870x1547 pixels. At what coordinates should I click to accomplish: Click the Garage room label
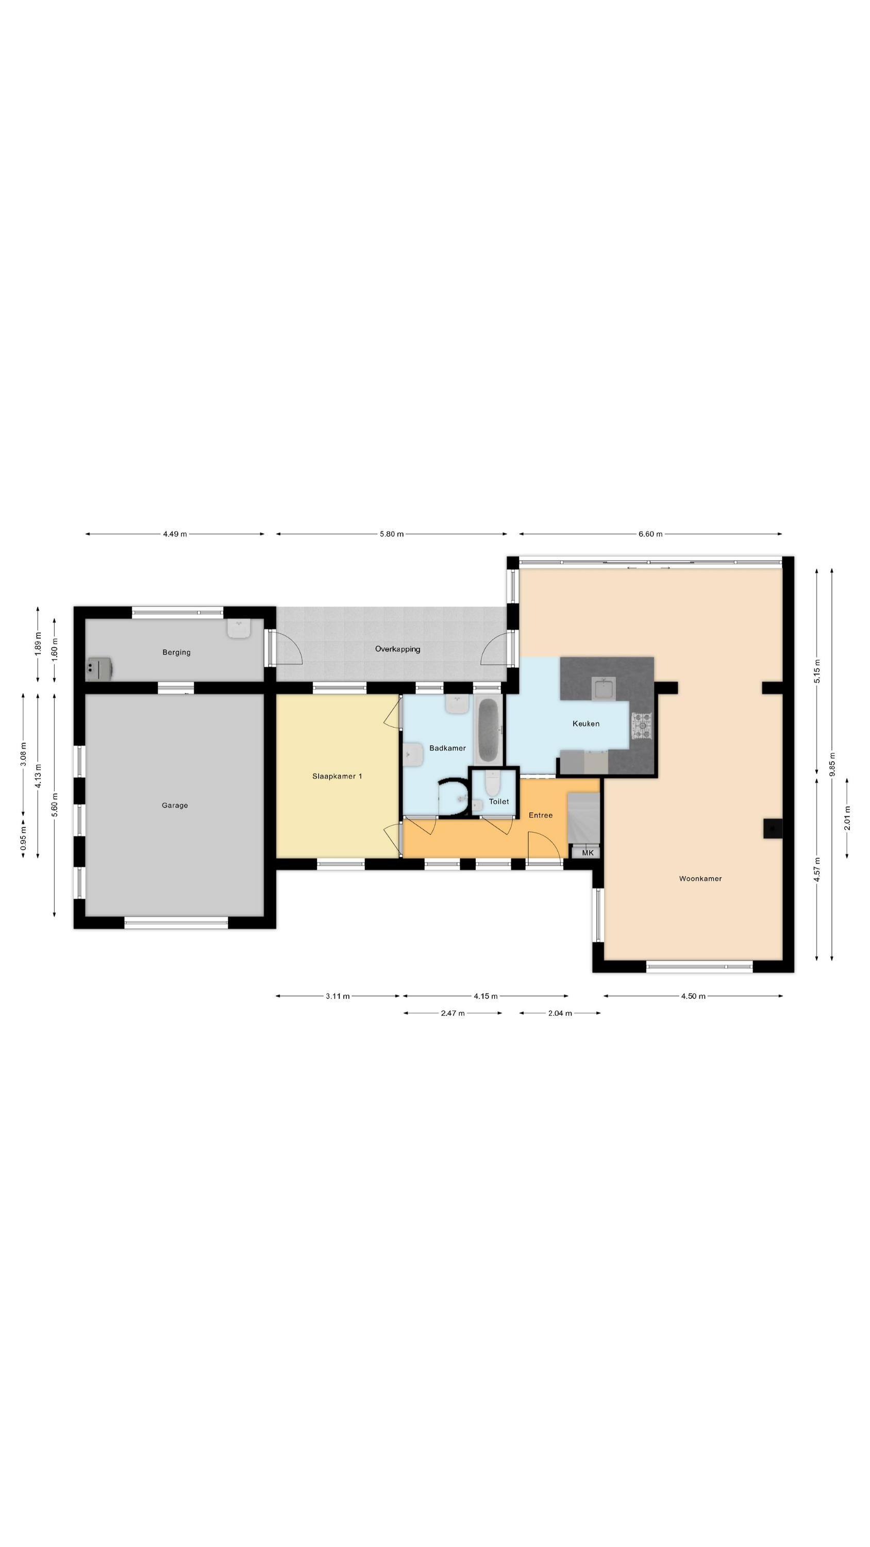click(x=175, y=805)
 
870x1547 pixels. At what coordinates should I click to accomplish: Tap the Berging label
click(x=176, y=652)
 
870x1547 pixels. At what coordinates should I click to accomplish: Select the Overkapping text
click(x=397, y=649)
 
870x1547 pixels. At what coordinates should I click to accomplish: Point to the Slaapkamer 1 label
click(x=337, y=777)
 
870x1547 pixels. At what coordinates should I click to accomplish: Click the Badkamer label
click(x=447, y=748)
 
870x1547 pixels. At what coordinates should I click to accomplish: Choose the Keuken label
click(x=586, y=723)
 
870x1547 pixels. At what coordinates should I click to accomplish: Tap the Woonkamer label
click(x=700, y=879)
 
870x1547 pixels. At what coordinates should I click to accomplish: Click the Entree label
click(x=540, y=815)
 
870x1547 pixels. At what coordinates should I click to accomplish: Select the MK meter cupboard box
click(x=587, y=852)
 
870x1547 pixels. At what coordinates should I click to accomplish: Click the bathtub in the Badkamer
click(x=488, y=729)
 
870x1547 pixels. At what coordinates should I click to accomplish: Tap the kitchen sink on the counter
click(x=603, y=689)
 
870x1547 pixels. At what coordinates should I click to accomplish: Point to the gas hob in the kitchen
click(x=641, y=726)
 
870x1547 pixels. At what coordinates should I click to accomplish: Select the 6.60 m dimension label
click(x=650, y=534)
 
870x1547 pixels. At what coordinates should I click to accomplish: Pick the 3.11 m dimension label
click(x=338, y=996)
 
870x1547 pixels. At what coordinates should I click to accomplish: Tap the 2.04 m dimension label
click(x=560, y=1013)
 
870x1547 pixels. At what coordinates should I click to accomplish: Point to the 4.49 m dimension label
click(x=175, y=534)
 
